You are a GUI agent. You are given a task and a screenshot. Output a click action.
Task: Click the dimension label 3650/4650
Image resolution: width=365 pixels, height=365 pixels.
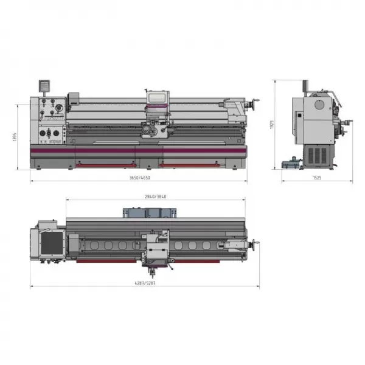(139, 177)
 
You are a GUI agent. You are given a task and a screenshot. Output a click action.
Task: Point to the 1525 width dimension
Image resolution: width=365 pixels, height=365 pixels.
(316, 177)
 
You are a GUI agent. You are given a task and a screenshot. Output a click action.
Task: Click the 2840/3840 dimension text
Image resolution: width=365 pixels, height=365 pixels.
(156, 196)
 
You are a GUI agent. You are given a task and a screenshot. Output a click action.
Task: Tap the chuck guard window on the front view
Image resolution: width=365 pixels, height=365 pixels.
(157, 97)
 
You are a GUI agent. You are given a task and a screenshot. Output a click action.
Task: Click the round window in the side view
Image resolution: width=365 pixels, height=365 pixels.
(318, 104)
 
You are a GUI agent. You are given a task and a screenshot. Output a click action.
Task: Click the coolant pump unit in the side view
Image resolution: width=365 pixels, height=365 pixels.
(291, 162)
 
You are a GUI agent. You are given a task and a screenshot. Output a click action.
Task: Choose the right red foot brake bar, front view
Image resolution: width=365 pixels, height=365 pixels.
(189, 163)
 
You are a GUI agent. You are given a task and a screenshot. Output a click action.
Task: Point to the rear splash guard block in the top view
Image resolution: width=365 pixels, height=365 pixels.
(150, 212)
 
